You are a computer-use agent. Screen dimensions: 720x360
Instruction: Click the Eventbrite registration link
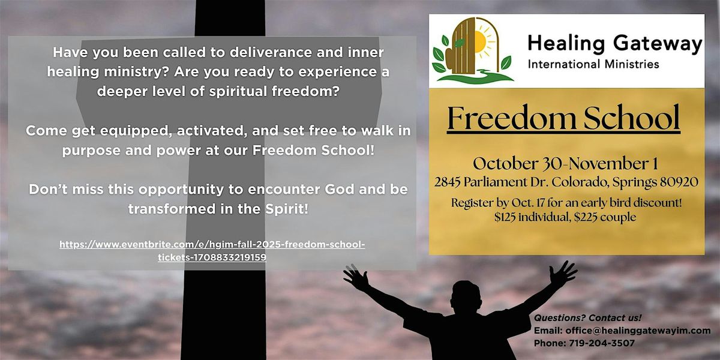click(x=212, y=251)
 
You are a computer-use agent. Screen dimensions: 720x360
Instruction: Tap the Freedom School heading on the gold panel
click(x=563, y=118)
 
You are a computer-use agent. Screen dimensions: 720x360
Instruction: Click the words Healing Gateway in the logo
click(x=614, y=44)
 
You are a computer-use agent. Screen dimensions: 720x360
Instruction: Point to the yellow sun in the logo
click(x=479, y=42)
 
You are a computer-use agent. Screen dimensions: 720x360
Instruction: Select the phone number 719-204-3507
click(x=602, y=343)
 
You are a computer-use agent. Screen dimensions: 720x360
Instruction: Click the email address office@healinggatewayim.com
click(x=638, y=331)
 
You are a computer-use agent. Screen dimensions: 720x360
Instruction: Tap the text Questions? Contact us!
click(x=587, y=318)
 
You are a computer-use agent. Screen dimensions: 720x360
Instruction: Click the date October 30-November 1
click(x=565, y=164)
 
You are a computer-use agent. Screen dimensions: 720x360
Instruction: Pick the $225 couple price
click(x=605, y=217)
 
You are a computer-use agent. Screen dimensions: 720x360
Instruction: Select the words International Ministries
click(x=593, y=64)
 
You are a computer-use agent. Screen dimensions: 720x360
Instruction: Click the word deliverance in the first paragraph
click(x=271, y=52)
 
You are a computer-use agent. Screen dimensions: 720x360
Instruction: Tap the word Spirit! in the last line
click(x=287, y=209)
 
